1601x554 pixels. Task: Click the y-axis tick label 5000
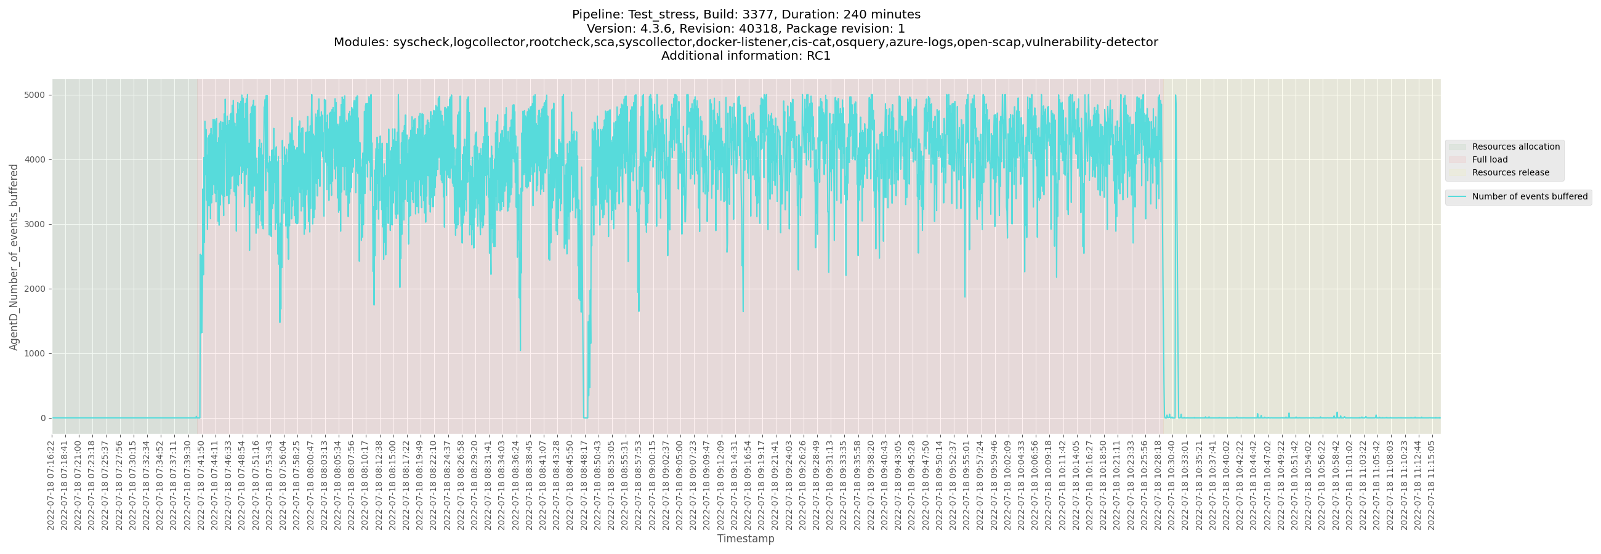[34, 95]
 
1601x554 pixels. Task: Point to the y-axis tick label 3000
[34, 224]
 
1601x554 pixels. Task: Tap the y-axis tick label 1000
[34, 353]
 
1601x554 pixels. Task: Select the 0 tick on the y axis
[43, 418]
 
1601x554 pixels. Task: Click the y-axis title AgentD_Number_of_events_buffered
[14, 257]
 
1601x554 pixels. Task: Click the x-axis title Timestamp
[745, 539]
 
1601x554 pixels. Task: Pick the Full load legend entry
[1489, 159]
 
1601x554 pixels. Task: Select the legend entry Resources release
[1510, 172]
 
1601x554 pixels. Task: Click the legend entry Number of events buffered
[1530, 197]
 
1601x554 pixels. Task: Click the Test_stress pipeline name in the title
[661, 14]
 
